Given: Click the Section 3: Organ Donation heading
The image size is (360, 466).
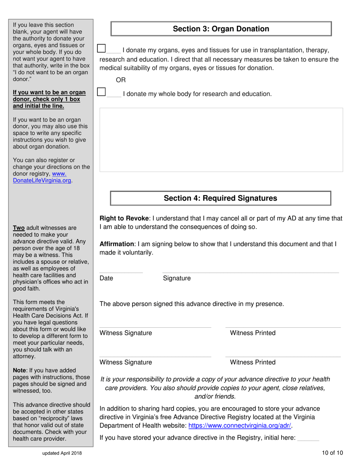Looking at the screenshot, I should [221, 29].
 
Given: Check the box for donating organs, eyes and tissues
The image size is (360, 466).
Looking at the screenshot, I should [101, 48].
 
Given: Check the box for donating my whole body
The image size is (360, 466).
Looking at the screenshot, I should [101, 91].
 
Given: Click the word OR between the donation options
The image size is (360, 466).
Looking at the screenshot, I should [120, 80].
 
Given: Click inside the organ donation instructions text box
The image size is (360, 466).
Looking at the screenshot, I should [221, 140].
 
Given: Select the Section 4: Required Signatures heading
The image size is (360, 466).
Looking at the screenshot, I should [220, 198].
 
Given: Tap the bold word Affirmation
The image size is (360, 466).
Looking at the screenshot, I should [117, 244].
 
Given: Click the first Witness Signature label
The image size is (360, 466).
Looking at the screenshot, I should [125, 333].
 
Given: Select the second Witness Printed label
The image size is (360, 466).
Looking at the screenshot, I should [253, 362].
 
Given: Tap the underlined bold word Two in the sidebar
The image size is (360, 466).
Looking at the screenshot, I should [19, 228].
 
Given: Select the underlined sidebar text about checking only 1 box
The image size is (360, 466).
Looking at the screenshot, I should [47, 99].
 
